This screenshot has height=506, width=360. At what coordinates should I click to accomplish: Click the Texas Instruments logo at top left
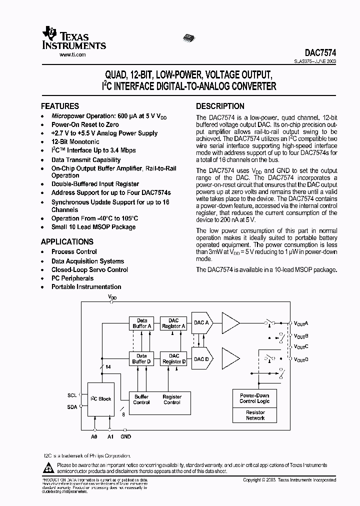click(74, 38)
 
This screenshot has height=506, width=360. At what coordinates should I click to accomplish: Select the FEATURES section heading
click(59, 106)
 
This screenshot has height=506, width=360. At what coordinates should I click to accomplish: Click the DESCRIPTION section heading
click(220, 106)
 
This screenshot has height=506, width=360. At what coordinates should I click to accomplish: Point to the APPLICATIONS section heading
click(67, 242)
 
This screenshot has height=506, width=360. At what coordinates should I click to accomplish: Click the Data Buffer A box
click(142, 323)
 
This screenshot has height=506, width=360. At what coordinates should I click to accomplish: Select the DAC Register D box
click(173, 358)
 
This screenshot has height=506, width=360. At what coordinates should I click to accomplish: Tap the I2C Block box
click(101, 398)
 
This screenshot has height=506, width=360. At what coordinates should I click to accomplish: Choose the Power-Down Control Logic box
click(255, 398)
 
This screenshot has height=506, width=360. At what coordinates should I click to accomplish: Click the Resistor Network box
click(255, 415)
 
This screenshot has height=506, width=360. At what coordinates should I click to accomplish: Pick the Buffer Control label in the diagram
click(141, 399)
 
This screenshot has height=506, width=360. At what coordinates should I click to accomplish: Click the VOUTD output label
click(301, 359)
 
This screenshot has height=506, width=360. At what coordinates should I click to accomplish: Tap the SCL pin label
click(72, 395)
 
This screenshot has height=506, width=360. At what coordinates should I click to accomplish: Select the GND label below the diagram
click(125, 436)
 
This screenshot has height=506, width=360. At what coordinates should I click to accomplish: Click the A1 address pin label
click(110, 436)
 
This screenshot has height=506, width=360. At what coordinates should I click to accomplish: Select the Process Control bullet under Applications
click(74, 252)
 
